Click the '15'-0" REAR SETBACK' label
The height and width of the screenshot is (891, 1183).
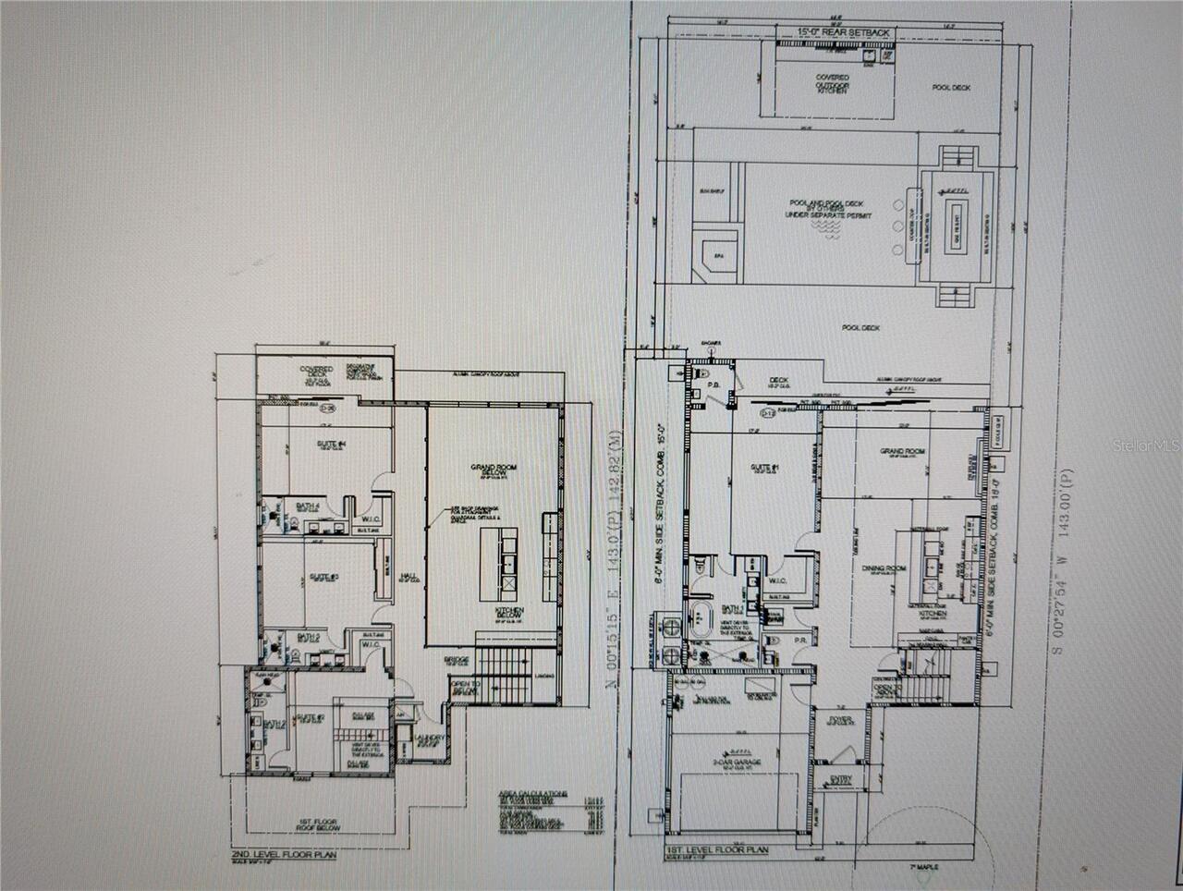point(844,32)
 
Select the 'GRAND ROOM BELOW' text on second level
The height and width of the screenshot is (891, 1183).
point(493,471)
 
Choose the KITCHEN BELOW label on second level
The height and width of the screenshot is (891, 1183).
point(509,616)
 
